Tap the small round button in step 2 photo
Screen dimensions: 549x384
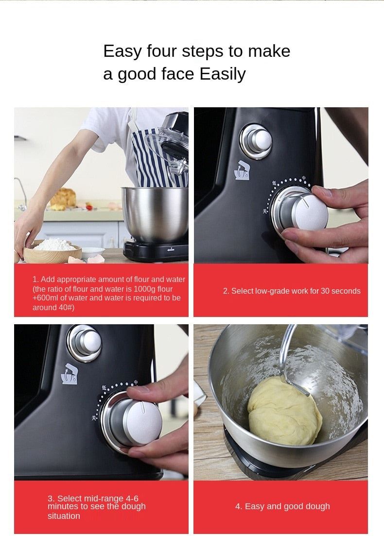pyautogui.click(x=256, y=141)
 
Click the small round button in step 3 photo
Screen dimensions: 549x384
pyautogui.click(x=86, y=343)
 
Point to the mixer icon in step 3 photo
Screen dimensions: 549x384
pyautogui.click(x=70, y=374)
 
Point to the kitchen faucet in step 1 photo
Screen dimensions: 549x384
pyautogui.click(x=21, y=192)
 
